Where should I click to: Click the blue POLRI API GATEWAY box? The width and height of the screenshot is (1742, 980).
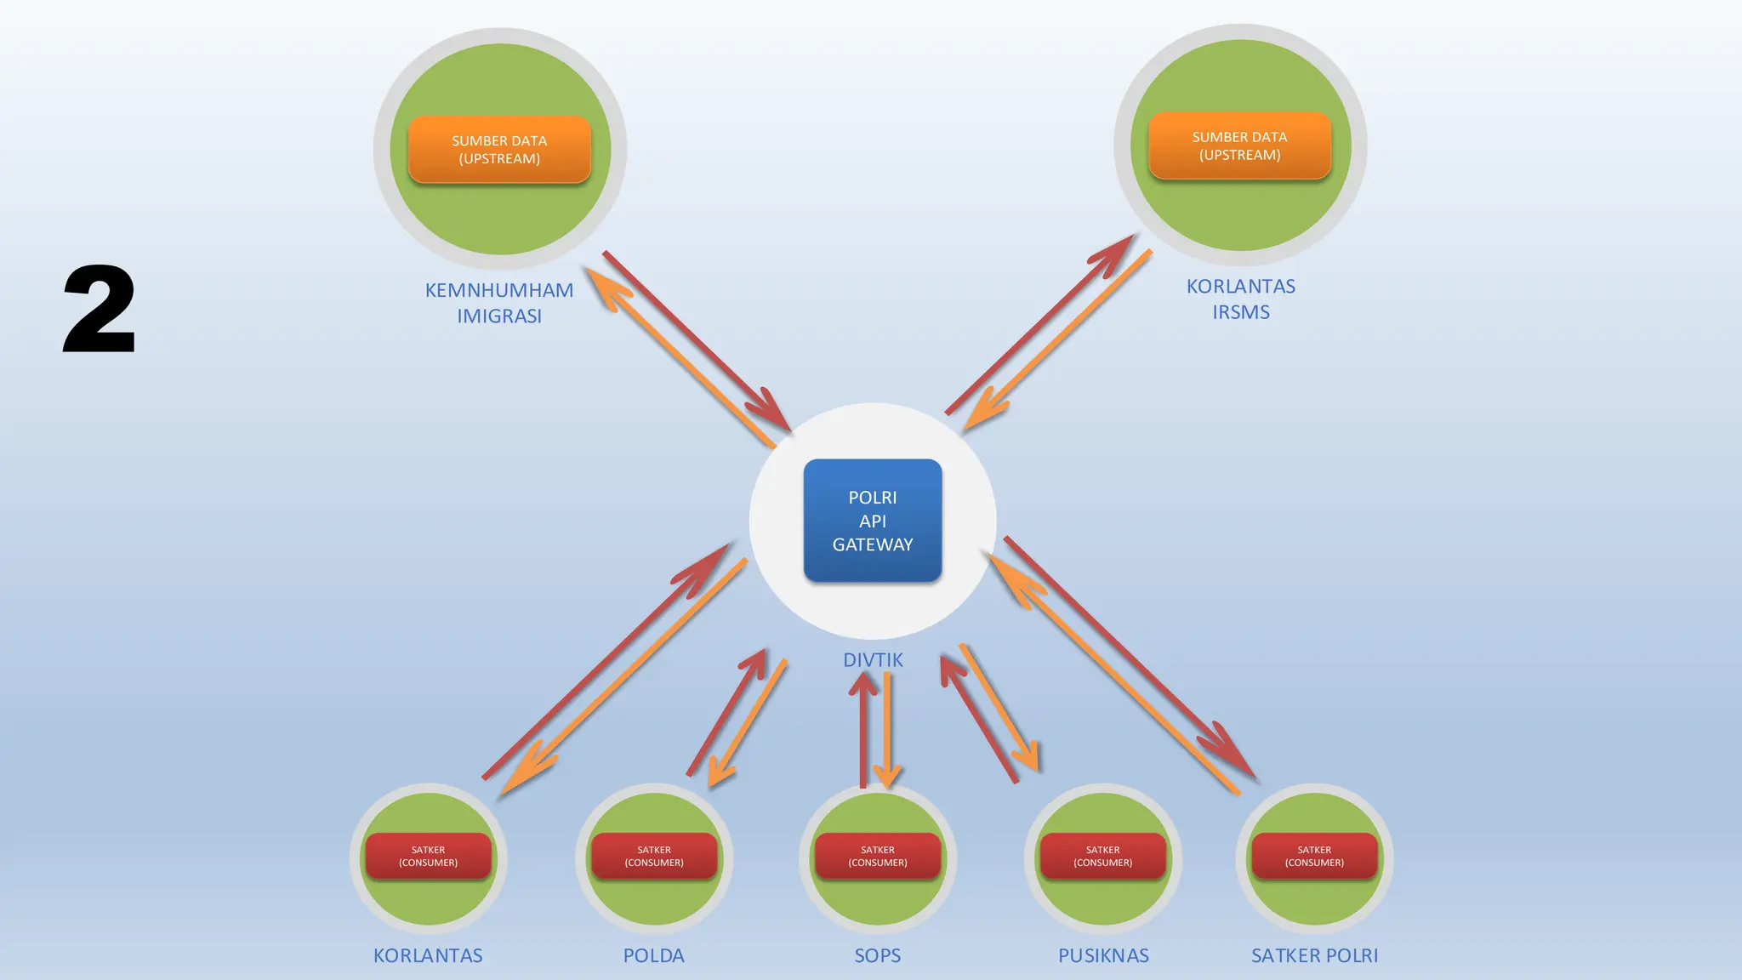click(x=872, y=521)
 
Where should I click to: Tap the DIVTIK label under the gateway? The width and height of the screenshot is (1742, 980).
click(x=873, y=660)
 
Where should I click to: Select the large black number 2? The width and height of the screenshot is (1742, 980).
click(x=100, y=309)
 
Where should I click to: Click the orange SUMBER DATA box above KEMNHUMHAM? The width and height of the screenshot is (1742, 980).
click(x=499, y=150)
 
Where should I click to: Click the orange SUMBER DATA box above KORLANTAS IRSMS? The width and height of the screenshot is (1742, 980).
click(x=1239, y=145)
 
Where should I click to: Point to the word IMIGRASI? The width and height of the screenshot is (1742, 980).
click(x=499, y=316)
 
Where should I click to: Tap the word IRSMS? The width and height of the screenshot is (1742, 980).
click(x=1240, y=312)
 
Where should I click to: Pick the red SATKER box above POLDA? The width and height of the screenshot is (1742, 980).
click(x=653, y=856)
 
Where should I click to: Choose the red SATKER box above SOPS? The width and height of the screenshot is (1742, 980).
click(x=877, y=856)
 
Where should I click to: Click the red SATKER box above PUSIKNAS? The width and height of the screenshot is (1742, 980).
click(x=1102, y=856)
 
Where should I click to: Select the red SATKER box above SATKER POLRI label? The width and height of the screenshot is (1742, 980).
click(x=1314, y=856)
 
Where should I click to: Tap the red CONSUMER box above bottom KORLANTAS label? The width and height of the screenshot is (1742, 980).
click(x=428, y=856)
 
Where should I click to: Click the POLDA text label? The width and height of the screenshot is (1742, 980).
click(x=653, y=955)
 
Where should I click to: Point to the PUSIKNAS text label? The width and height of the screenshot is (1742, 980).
click(x=1103, y=955)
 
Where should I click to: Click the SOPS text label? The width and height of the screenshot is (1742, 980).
click(x=877, y=955)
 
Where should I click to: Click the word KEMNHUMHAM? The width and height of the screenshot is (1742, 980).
click(x=499, y=290)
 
